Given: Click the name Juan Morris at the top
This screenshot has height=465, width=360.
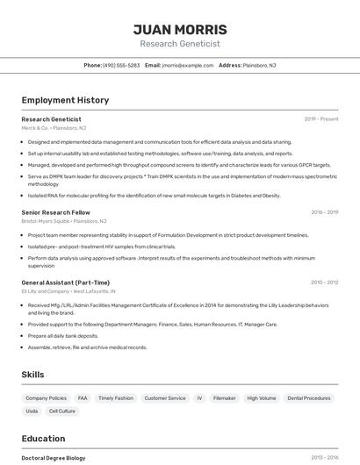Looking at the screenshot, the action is click(180, 30).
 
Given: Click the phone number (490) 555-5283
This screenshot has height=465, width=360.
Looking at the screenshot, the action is click(121, 65).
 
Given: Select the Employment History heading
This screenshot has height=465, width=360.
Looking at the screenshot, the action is click(65, 100).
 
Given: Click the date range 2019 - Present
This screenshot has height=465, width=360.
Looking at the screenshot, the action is click(320, 118).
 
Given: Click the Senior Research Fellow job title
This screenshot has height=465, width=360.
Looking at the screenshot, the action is click(55, 212).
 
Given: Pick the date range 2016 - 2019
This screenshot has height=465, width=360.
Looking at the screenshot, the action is click(324, 212).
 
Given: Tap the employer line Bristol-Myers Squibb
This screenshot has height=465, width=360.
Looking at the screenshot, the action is click(63, 221).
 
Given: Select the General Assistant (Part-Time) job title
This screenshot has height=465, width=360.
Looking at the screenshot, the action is click(65, 283).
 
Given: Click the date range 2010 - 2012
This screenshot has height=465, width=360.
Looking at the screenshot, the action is click(324, 283).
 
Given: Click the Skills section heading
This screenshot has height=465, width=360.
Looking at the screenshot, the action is click(32, 375).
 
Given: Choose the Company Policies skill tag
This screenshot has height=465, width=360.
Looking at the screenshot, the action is click(46, 398).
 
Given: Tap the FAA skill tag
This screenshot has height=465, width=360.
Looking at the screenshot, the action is click(83, 398).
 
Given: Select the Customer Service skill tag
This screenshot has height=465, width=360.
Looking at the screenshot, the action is click(165, 398).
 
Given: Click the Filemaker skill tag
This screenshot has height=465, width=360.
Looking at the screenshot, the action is click(224, 398).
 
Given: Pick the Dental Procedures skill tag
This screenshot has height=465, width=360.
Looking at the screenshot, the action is click(309, 398).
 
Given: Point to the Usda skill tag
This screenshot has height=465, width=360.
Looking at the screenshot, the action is click(32, 411).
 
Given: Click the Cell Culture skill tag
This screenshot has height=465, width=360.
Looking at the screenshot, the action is click(61, 411).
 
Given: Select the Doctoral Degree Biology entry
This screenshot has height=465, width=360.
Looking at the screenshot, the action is click(54, 458).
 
